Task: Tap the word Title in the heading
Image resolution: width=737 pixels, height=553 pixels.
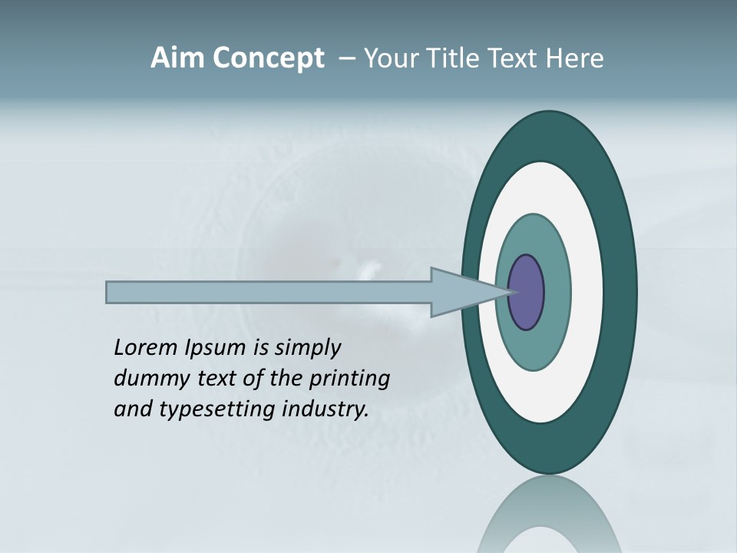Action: coord(461,58)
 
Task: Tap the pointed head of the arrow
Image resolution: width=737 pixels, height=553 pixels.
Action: coord(476,292)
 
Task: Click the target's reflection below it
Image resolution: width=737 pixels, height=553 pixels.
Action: coord(549,515)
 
